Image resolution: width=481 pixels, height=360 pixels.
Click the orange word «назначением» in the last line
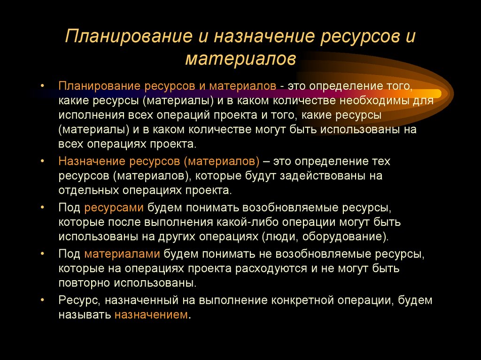[x=151, y=315]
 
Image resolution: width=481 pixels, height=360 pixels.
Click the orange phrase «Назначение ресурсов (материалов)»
[x=159, y=161]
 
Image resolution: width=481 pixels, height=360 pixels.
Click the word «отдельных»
[x=86, y=191]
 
